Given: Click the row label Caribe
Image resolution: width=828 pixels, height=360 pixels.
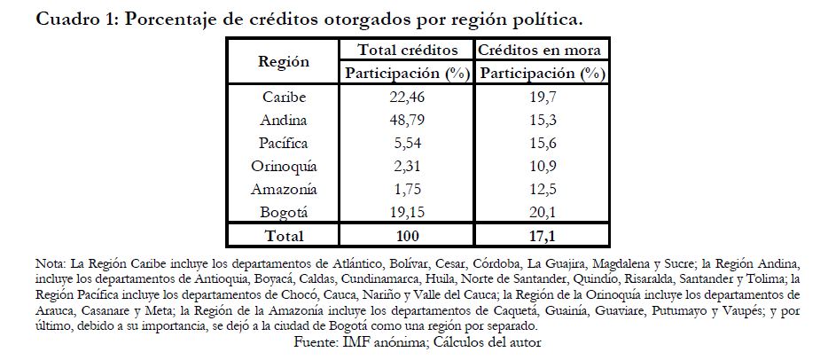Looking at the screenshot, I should click(x=284, y=97).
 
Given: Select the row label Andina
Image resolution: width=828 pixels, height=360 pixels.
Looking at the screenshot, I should click(x=284, y=120).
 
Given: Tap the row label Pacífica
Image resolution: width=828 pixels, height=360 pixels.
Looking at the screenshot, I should click(x=284, y=143).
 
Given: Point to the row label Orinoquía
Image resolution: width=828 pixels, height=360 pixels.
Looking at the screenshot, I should click(x=284, y=166).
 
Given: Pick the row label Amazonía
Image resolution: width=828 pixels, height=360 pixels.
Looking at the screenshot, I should click(x=284, y=189).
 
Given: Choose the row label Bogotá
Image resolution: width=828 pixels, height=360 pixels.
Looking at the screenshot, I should click(x=284, y=212).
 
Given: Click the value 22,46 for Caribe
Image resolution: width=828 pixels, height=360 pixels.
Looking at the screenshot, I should click(x=407, y=97).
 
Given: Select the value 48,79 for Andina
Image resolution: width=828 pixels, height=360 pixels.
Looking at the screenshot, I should click(x=407, y=120).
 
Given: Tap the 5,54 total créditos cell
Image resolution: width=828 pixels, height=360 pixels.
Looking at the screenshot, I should click(x=407, y=143).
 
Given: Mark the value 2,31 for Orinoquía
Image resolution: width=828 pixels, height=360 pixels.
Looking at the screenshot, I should click(x=407, y=166).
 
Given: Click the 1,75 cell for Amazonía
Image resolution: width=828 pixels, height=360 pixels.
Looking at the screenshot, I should click(x=407, y=189).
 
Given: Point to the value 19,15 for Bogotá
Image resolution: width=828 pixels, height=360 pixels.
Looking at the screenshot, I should click(x=407, y=212).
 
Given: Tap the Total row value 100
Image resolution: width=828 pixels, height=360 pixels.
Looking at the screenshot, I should click(x=407, y=236).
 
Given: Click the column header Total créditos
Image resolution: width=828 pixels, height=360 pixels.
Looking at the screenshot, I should click(x=407, y=50).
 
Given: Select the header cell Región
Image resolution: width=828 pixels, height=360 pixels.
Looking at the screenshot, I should click(x=284, y=61).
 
